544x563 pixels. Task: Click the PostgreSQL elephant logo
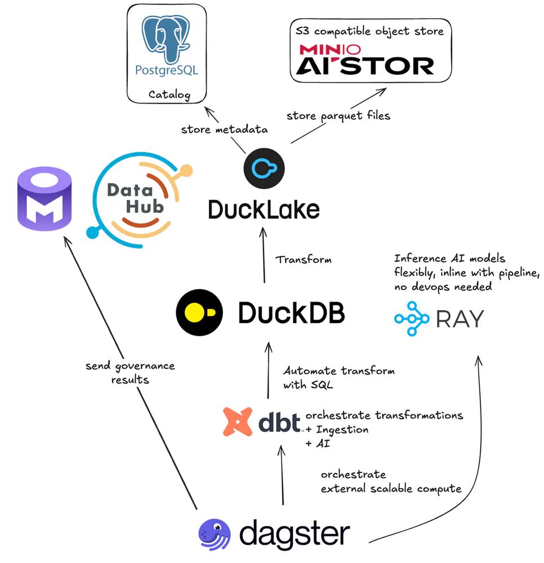[167, 39]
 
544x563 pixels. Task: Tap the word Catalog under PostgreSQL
[167, 94]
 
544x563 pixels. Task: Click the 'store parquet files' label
[338, 116]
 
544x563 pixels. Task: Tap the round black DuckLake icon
[264, 168]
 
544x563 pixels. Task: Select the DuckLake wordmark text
[264, 209]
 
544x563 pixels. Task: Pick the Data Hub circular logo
[138, 200]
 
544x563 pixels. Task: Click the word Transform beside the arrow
[304, 260]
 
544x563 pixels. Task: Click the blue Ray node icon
[411, 318]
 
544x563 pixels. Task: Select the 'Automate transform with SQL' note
[338, 378]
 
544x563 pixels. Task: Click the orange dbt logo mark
[237, 422]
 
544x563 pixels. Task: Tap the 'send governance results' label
[130, 373]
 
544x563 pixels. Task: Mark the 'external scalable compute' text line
[391, 489]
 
